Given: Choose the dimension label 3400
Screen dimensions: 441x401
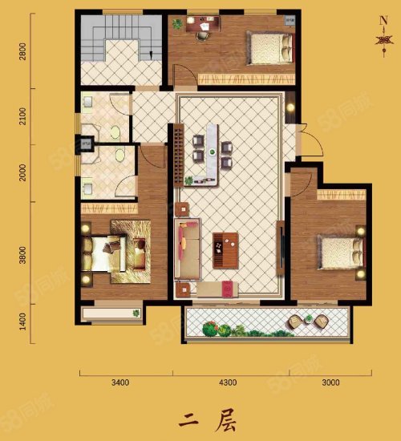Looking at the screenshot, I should (x=120, y=382).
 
